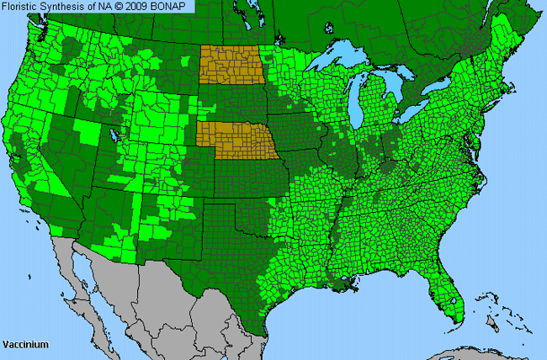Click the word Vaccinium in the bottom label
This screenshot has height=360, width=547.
point(25,345)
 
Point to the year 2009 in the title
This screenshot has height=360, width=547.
point(140,6)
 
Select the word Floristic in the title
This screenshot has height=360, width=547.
point(23,6)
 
